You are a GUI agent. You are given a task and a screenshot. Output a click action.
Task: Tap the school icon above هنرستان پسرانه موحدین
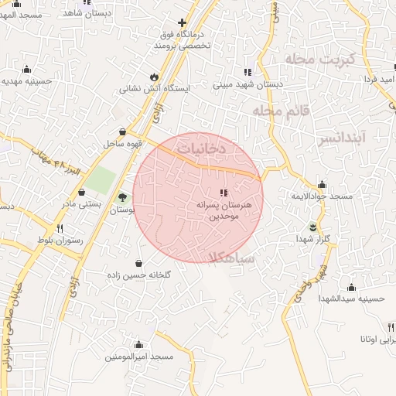[x=223, y=192]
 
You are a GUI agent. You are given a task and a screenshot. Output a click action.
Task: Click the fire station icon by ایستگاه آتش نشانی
[x=155, y=77]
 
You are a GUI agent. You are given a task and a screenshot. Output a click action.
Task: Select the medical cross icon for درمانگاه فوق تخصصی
[x=183, y=23]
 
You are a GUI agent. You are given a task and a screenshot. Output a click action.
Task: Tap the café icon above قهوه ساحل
[x=122, y=131]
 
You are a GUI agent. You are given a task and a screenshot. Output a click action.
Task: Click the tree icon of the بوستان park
[x=122, y=198]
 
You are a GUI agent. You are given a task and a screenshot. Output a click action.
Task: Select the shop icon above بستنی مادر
[x=81, y=192]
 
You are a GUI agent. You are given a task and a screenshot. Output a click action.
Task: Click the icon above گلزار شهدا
[x=313, y=227]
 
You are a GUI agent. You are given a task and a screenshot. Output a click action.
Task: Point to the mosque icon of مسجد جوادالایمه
[x=322, y=185]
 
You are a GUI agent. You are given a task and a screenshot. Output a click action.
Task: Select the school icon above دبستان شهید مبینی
[x=247, y=72]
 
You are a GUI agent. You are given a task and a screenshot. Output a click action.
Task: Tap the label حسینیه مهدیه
[x=26, y=80]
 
